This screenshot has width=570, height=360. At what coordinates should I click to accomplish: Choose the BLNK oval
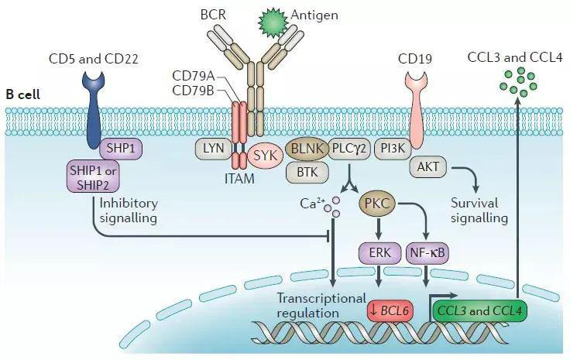click(x=305, y=147)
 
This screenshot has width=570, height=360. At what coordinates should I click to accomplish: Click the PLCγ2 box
click(x=349, y=147)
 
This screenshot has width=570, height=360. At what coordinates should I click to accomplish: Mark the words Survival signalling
click(x=479, y=211)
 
